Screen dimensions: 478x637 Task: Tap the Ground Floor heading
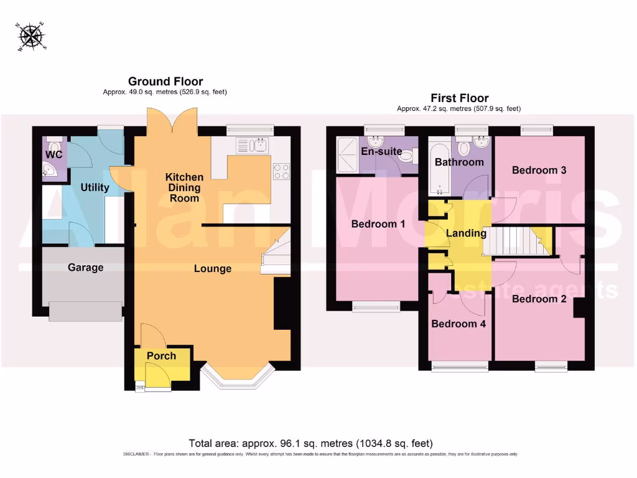tap(165, 82)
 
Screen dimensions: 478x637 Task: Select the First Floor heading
tap(460, 98)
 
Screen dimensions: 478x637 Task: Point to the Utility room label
tap(95, 187)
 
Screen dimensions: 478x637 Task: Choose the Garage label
tap(86, 268)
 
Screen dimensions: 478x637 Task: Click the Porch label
tap(161, 356)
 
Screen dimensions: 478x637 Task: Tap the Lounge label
tap(213, 269)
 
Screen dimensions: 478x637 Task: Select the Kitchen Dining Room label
tap(184, 188)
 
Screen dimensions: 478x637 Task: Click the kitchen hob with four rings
tap(281, 171)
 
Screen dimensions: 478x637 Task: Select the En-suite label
tap(381, 151)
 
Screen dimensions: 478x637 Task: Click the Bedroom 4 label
tap(459, 324)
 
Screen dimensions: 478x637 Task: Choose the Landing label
tap(467, 233)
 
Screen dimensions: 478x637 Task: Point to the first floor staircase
tap(517, 241)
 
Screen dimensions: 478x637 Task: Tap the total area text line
tap(310, 443)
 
